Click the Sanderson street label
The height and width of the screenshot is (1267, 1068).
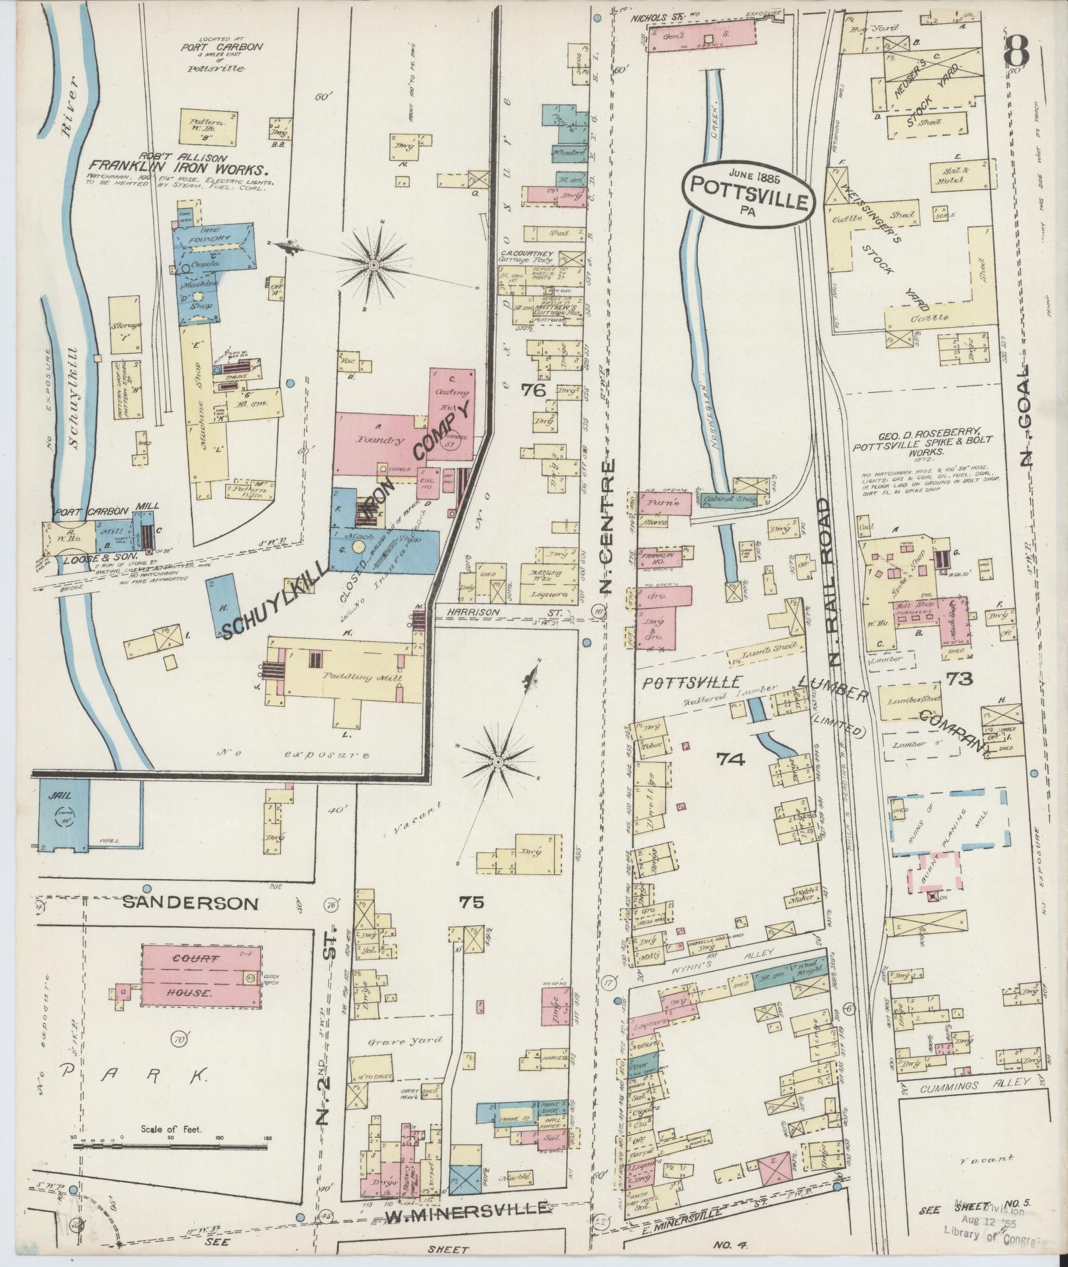[191, 903]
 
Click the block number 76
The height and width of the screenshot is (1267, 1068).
[533, 391]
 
